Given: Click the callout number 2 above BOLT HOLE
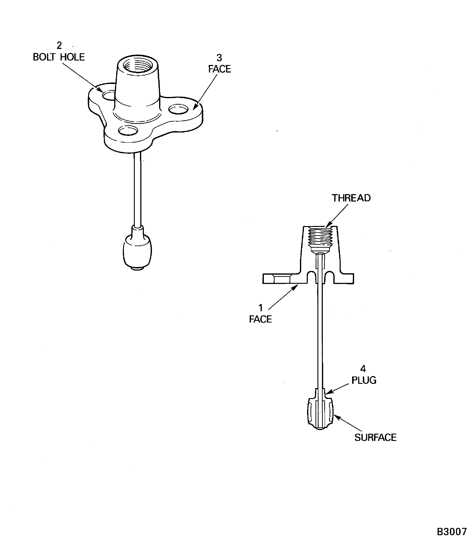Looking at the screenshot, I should (x=59, y=45).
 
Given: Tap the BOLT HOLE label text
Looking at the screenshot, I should (x=59, y=57).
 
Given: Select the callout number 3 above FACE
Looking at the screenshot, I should (x=219, y=58).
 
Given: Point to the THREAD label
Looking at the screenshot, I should (x=351, y=198).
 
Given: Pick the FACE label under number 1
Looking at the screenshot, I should (x=260, y=319).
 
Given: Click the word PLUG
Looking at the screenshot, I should (x=364, y=380).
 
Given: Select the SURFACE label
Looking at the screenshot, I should (x=375, y=437).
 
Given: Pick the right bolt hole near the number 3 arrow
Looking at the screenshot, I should (x=179, y=109).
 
